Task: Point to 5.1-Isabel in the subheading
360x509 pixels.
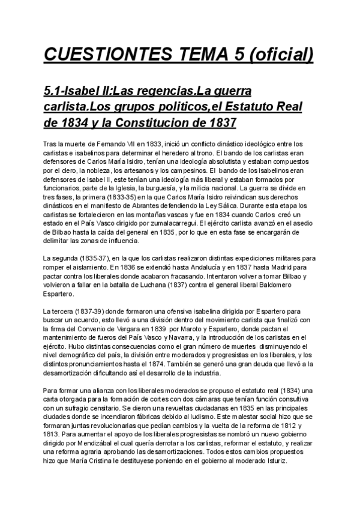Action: [68, 91]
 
